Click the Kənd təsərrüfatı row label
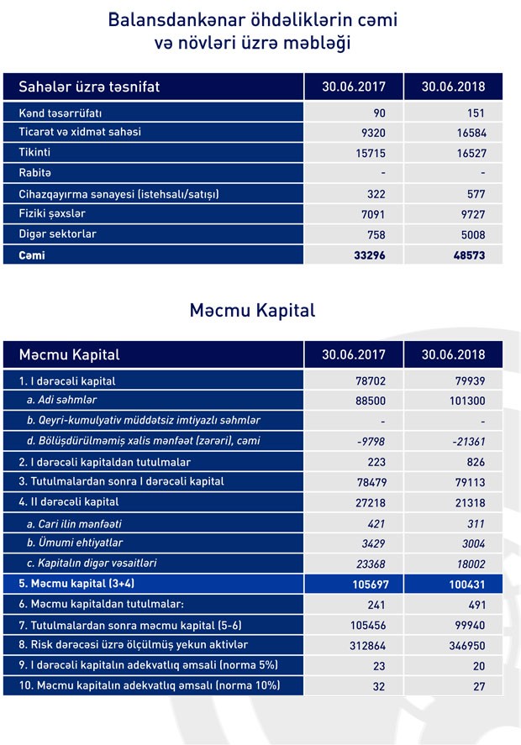[61, 113]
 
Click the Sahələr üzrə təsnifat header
[90, 87]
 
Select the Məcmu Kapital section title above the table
[252, 310]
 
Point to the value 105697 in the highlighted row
[366, 582]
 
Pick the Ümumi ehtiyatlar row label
[71, 542]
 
